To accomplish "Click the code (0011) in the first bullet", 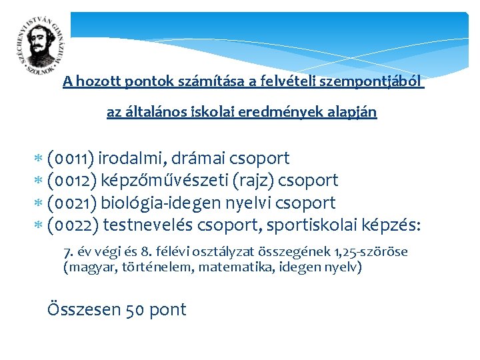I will (x=71, y=159).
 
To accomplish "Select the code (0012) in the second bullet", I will (x=73, y=181).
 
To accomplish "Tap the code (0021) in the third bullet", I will (x=72, y=203).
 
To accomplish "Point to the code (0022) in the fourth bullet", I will (x=73, y=225).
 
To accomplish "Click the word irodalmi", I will (x=132, y=159).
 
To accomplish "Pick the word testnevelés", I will (x=149, y=225).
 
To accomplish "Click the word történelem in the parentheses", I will (x=144, y=267).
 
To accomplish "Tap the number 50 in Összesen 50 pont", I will (x=134, y=310).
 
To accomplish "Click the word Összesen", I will (x=84, y=310).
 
